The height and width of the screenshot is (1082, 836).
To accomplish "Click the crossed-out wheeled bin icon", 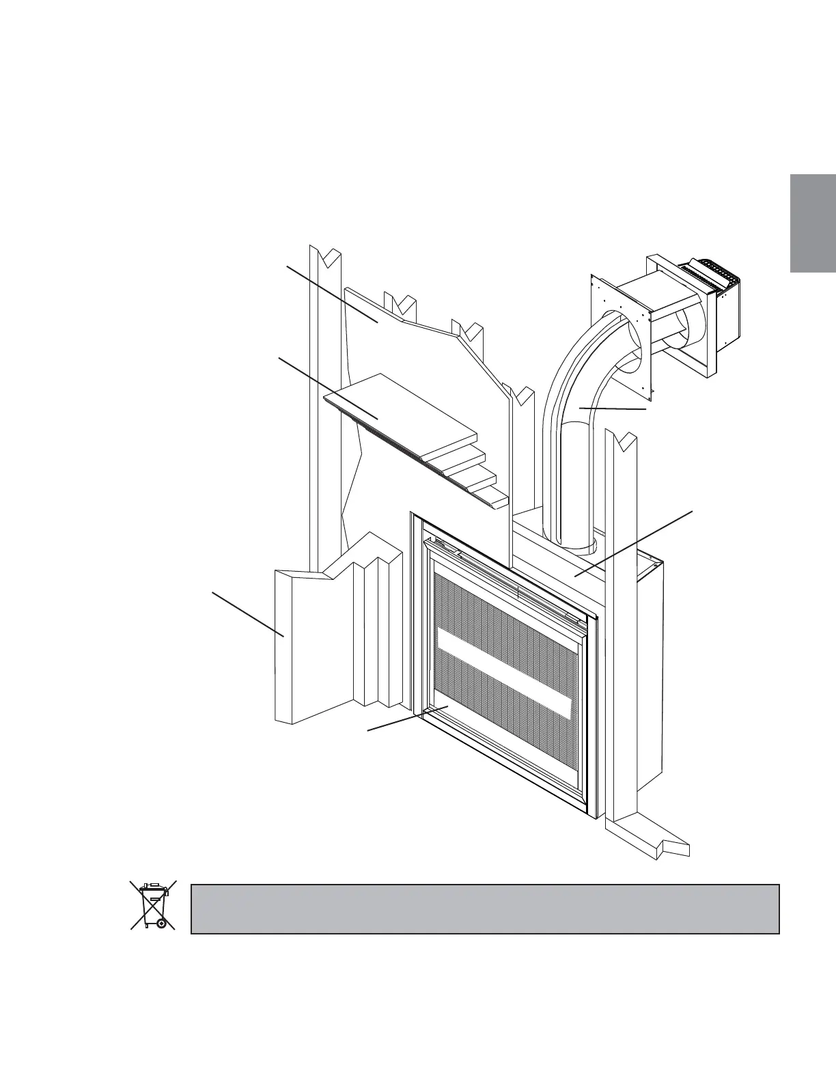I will pyautogui.click(x=153, y=905).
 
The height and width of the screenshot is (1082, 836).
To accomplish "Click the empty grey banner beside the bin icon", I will pyautogui.click(x=485, y=908).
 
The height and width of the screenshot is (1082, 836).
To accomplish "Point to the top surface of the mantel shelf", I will pyautogui.click(x=403, y=417).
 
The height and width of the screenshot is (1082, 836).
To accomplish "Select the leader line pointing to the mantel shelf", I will pyautogui.click(x=328, y=386).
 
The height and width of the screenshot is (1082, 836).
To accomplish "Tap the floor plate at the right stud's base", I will pyautogui.click(x=649, y=840).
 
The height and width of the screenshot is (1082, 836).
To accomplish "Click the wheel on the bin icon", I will pyautogui.click(x=161, y=923).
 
